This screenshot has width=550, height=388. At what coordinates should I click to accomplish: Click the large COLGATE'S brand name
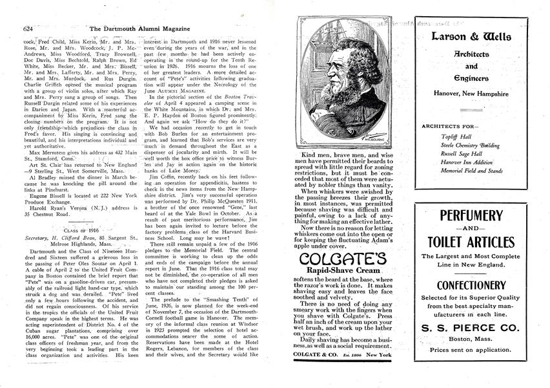[x=343, y=260]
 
